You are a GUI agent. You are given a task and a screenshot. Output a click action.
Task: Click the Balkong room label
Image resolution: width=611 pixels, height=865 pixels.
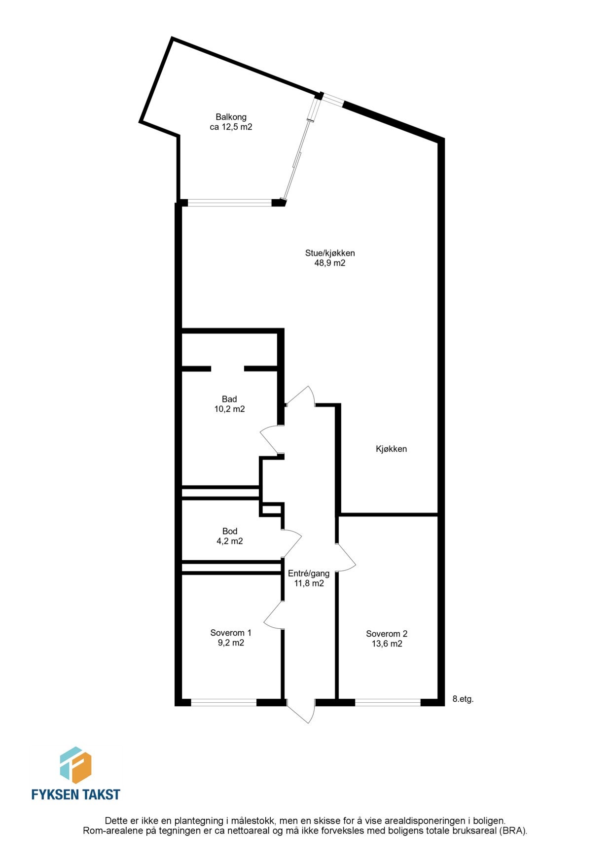(x=231, y=117)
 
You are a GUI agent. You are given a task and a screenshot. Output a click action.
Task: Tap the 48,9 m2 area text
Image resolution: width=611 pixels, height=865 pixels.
(x=329, y=263)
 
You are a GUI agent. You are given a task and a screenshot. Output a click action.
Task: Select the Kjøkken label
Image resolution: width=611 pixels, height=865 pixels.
(x=391, y=449)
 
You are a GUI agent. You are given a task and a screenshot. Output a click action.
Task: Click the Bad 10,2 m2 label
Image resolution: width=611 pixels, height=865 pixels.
(x=229, y=404)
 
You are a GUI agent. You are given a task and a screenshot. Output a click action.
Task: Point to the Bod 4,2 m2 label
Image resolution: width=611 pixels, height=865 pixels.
(x=230, y=536)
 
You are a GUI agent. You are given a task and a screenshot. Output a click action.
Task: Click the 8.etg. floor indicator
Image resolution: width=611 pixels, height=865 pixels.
(x=463, y=699)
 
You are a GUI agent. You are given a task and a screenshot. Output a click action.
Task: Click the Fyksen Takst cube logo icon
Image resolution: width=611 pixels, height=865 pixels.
(x=75, y=765)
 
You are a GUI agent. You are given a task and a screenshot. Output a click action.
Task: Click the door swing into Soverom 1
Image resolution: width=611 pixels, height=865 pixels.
(x=274, y=615)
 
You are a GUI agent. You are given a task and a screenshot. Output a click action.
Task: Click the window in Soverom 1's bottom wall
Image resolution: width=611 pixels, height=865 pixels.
(x=224, y=703)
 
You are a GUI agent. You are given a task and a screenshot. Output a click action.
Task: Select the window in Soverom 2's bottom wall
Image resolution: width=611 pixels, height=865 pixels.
(x=388, y=703)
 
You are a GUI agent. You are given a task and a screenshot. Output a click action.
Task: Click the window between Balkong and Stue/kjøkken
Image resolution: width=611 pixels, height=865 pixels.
(x=230, y=202)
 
